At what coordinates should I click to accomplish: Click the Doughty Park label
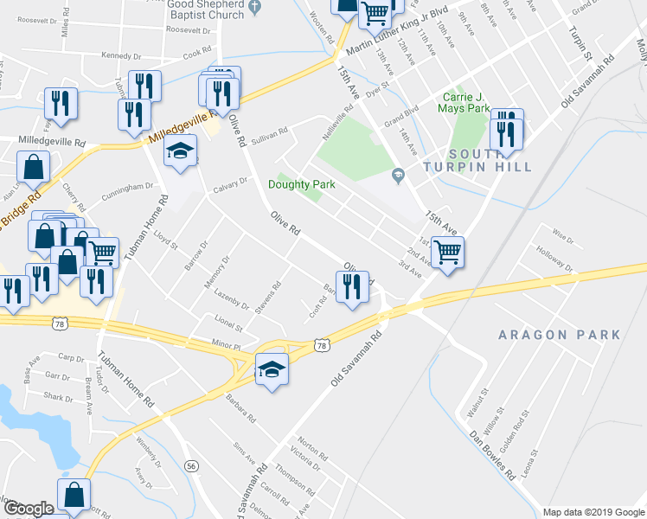pyautogui.click(x=300, y=184)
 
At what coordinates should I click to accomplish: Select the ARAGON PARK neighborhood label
pyautogui.click(x=559, y=335)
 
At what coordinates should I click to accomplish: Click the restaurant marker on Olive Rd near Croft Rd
pyautogui.click(x=351, y=285)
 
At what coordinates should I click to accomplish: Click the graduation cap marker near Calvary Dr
pyautogui.click(x=181, y=152)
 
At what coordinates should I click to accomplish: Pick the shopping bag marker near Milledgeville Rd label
pyautogui.click(x=32, y=166)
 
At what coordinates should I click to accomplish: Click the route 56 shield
pyautogui.click(x=191, y=465)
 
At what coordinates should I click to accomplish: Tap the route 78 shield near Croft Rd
pyautogui.click(x=322, y=345)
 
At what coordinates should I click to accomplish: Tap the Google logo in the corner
pyautogui.click(x=28, y=509)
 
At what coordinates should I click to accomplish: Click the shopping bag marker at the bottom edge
pyautogui.click(x=74, y=495)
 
